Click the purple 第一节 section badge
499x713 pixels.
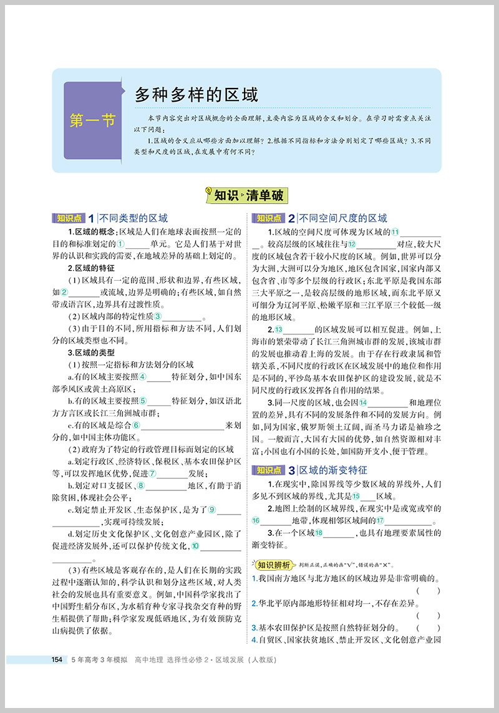(x=93, y=120)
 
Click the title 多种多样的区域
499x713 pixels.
(x=196, y=95)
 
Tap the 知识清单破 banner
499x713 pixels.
(x=249, y=195)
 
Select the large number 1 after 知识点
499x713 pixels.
(x=91, y=218)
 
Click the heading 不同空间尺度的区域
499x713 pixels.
(x=344, y=218)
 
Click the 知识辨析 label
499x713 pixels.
(x=273, y=565)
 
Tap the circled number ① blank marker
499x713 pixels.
(x=122, y=243)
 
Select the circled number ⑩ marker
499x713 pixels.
(x=196, y=546)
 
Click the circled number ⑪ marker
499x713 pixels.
(x=395, y=232)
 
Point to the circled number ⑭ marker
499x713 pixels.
(x=363, y=402)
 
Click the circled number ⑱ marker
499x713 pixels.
(x=319, y=533)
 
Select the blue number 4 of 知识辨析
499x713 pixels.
(x=254, y=641)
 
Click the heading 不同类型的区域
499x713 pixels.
(x=133, y=218)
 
